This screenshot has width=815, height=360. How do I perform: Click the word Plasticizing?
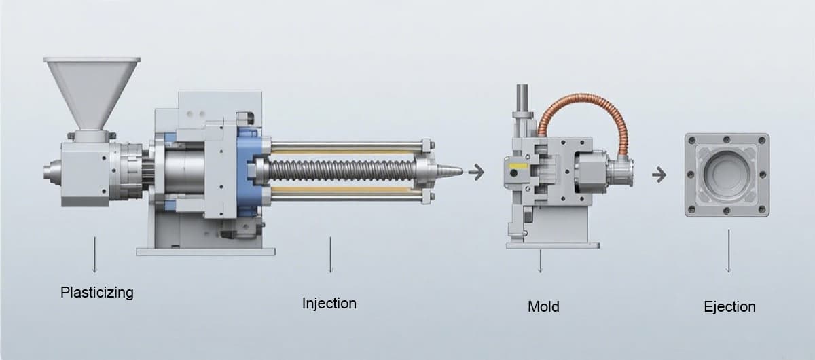click(96, 293)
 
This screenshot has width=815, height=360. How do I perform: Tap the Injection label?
click(329, 304)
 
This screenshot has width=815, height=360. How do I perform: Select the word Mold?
click(543, 306)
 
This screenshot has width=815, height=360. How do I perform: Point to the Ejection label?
click(730, 307)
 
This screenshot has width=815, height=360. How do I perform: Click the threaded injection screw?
click(342, 170)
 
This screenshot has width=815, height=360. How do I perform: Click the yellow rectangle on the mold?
click(518, 166)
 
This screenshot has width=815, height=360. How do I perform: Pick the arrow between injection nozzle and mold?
click(476, 172)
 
